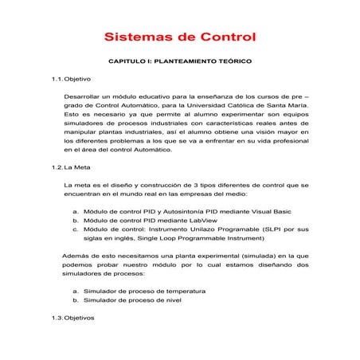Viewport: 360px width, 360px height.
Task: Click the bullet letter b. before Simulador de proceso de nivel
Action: (x=76, y=300)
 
